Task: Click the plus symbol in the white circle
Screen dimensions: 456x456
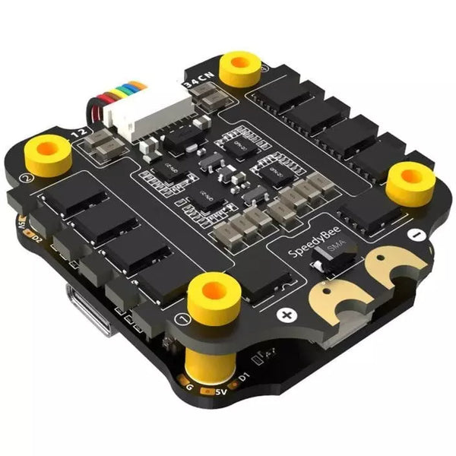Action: [287, 314]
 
